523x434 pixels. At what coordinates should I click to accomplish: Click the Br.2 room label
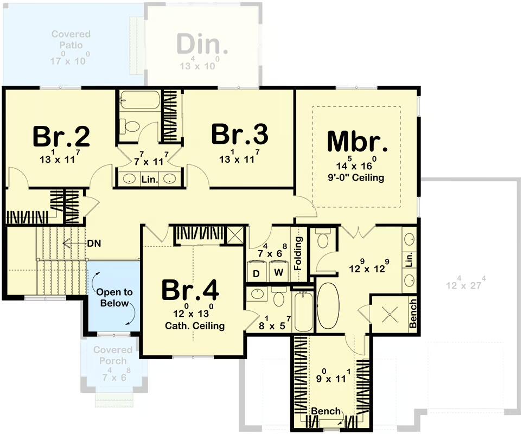point(61,137)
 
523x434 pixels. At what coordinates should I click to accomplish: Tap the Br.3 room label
point(239,135)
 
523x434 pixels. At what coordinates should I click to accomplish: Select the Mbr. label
point(358,142)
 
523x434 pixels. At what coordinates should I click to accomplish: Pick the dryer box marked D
point(256,271)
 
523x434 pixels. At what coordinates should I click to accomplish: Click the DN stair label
point(94,244)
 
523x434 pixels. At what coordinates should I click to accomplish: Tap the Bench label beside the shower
point(413,314)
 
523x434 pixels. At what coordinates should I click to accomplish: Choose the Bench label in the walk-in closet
point(326,411)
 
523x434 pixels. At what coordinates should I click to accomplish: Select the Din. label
point(202,44)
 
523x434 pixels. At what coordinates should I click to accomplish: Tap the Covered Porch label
point(113,355)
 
